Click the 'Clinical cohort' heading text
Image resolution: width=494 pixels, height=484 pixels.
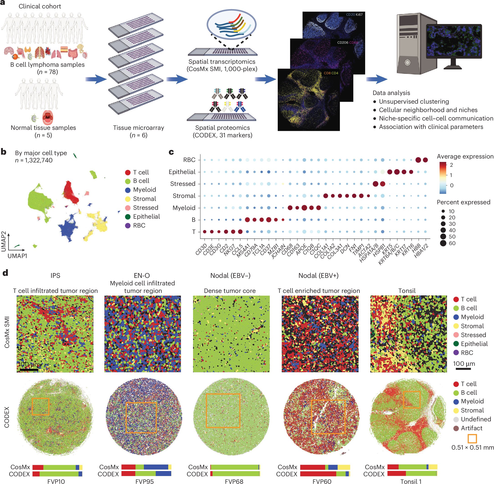point(40,6)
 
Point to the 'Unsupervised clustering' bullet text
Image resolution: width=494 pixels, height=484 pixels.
point(414,102)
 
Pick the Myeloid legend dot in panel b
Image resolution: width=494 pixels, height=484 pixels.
point(128,190)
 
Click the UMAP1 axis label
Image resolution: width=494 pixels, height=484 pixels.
point(17,256)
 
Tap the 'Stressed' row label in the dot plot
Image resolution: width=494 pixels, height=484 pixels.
point(183,184)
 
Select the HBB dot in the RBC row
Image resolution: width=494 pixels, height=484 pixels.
point(418,160)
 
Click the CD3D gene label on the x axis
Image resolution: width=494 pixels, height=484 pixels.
point(201,249)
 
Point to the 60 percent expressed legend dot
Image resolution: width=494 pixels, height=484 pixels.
point(443,243)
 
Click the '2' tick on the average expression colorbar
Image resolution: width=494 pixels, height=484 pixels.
point(451,165)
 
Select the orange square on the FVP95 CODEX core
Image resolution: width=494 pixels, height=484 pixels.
point(141,417)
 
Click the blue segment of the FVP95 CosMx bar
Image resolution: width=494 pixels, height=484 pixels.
point(156,467)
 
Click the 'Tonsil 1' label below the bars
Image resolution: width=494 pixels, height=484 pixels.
point(411,481)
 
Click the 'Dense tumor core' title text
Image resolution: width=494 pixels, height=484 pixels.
point(230,291)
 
